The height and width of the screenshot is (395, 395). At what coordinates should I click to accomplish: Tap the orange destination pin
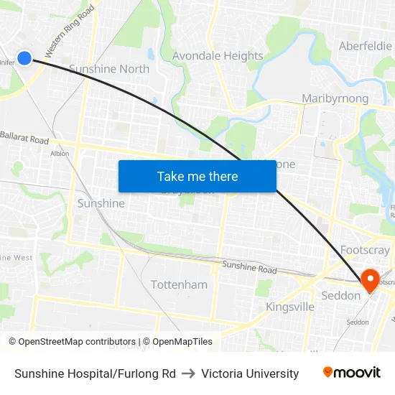pos(371,280)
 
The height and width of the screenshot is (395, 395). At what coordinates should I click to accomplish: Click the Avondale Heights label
pos(218,55)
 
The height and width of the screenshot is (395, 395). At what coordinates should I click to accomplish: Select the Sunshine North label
pos(109,69)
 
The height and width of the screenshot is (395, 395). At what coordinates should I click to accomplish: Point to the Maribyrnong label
pos(335,98)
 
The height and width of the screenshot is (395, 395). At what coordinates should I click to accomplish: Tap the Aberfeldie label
pos(366,45)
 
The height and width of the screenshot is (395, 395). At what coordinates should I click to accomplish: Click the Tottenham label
pos(179,284)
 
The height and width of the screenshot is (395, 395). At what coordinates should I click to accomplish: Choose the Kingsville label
pos(290,307)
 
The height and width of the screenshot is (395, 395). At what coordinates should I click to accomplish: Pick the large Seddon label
pos(341,295)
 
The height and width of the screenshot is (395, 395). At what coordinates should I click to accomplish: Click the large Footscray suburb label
pos(365,251)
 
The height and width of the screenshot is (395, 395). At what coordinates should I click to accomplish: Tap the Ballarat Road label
pos(24,137)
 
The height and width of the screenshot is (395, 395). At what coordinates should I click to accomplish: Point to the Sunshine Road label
pos(249,267)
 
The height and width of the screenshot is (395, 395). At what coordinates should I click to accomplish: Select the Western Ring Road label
pos(70,33)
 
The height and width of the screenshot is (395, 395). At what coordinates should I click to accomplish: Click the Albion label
pos(60,153)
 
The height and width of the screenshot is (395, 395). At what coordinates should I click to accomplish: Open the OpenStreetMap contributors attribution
pos(72,342)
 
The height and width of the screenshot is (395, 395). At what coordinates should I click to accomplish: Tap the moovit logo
pos(351,373)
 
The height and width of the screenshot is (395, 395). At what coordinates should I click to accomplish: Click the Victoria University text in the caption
pos(250,373)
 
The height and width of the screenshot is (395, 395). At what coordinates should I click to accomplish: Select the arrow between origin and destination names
pos(188,373)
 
